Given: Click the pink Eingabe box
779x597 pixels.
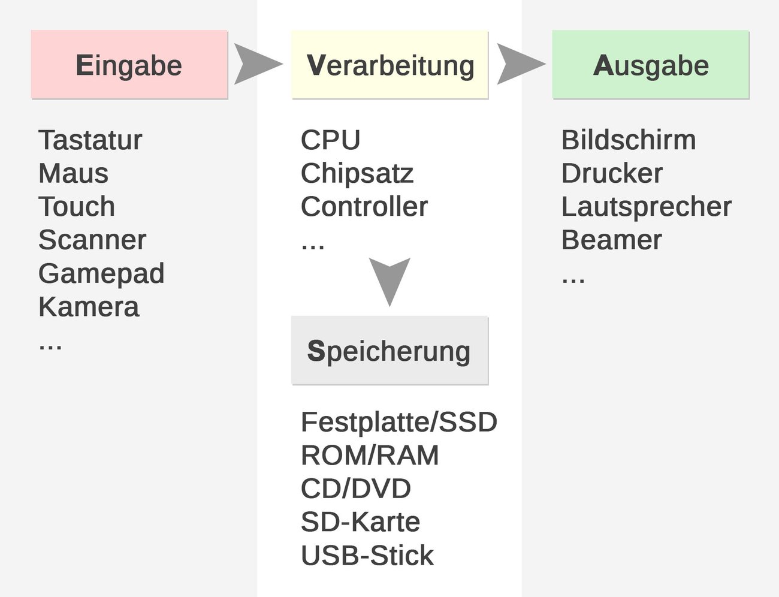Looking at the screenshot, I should click(x=129, y=65).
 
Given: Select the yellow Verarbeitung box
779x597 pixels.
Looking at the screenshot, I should click(x=390, y=65).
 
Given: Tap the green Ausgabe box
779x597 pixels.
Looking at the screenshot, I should click(x=651, y=65).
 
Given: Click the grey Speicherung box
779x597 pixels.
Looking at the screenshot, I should click(x=389, y=351).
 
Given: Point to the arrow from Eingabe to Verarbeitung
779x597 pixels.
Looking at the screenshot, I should click(x=256, y=64).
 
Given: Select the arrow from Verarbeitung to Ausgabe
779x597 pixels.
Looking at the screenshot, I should click(x=519, y=64).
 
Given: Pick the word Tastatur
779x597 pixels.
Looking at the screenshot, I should click(x=90, y=140).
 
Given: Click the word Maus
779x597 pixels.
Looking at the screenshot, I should click(x=73, y=173).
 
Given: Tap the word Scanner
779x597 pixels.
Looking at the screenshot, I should click(x=92, y=240).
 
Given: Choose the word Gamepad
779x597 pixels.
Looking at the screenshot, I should click(x=101, y=273).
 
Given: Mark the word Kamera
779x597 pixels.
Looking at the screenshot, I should click(x=89, y=307).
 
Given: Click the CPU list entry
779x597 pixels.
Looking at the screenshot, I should click(x=330, y=140).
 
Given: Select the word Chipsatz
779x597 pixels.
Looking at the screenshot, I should click(x=357, y=173).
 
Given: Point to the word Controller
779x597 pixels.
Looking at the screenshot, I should click(x=364, y=207).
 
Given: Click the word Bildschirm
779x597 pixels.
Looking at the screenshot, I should click(x=629, y=140).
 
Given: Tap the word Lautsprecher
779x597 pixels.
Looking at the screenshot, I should click(x=646, y=207).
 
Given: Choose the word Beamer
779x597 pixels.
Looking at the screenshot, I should click(x=611, y=240).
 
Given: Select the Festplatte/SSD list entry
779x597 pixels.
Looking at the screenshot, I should click(x=399, y=422).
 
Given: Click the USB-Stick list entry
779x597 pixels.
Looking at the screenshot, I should click(x=367, y=556).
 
